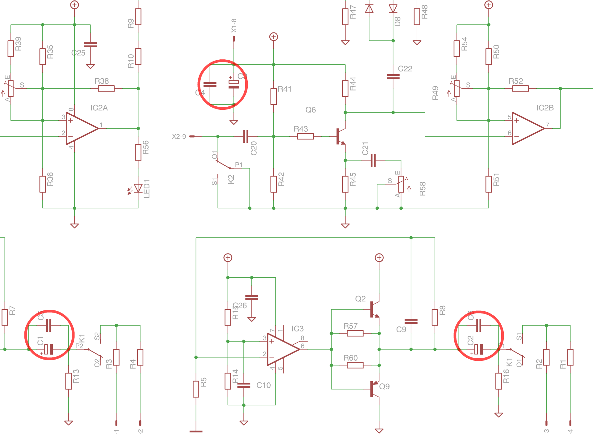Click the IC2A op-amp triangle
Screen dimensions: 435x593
(x=81, y=128)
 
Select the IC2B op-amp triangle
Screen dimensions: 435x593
(x=527, y=128)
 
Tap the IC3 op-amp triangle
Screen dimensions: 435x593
(x=282, y=349)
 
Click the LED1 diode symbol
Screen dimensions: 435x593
(x=138, y=188)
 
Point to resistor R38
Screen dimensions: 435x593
(x=106, y=89)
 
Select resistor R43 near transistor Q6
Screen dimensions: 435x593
(x=305, y=136)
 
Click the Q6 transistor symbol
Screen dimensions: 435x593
(x=341, y=136)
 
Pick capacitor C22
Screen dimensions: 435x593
(x=393, y=76)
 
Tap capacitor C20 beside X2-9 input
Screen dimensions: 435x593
(x=246, y=136)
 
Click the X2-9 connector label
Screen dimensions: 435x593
(x=179, y=137)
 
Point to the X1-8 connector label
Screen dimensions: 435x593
(x=234, y=25)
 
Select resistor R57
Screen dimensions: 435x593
(x=355, y=333)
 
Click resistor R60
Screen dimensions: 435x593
(x=355, y=365)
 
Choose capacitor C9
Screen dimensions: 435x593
(x=411, y=322)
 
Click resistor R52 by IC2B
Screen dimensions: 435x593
(x=520, y=89)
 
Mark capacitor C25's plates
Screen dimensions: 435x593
(x=90, y=45)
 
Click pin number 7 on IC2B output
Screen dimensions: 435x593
(x=547, y=125)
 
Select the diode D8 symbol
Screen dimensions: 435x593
(x=393, y=9)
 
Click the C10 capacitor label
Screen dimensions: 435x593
(x=263, y=385)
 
